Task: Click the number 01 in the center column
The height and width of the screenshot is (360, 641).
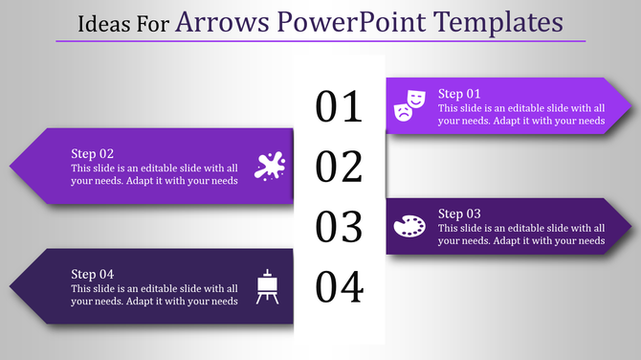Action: point(340,106)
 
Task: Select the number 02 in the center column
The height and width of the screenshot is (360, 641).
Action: point(340,167)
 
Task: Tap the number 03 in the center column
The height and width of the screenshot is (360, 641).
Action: point(340,227)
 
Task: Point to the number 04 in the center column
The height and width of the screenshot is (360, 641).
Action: point(340,286)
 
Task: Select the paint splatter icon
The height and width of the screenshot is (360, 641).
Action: point(269,166)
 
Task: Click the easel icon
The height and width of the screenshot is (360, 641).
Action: point(268,286)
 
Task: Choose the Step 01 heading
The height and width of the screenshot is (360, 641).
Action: point(460,94)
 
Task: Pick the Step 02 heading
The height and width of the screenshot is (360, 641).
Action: point(93,153)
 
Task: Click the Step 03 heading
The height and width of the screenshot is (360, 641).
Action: point(460,214)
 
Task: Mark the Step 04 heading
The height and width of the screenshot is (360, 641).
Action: point(93,274)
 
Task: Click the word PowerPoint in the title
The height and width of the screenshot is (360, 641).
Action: point(368,20)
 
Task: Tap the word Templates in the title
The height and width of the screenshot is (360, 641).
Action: point(505,20)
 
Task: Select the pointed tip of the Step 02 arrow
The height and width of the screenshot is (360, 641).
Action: point(12,166)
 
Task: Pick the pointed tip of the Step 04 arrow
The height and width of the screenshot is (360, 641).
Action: point(12,286)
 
